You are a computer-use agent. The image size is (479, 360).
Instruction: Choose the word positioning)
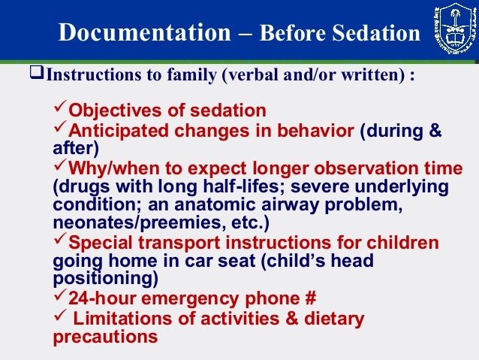click(106, 279)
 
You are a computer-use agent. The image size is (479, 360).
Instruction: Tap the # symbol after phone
click(308, 298)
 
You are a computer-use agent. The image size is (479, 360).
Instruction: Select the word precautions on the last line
click(105, 336)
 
